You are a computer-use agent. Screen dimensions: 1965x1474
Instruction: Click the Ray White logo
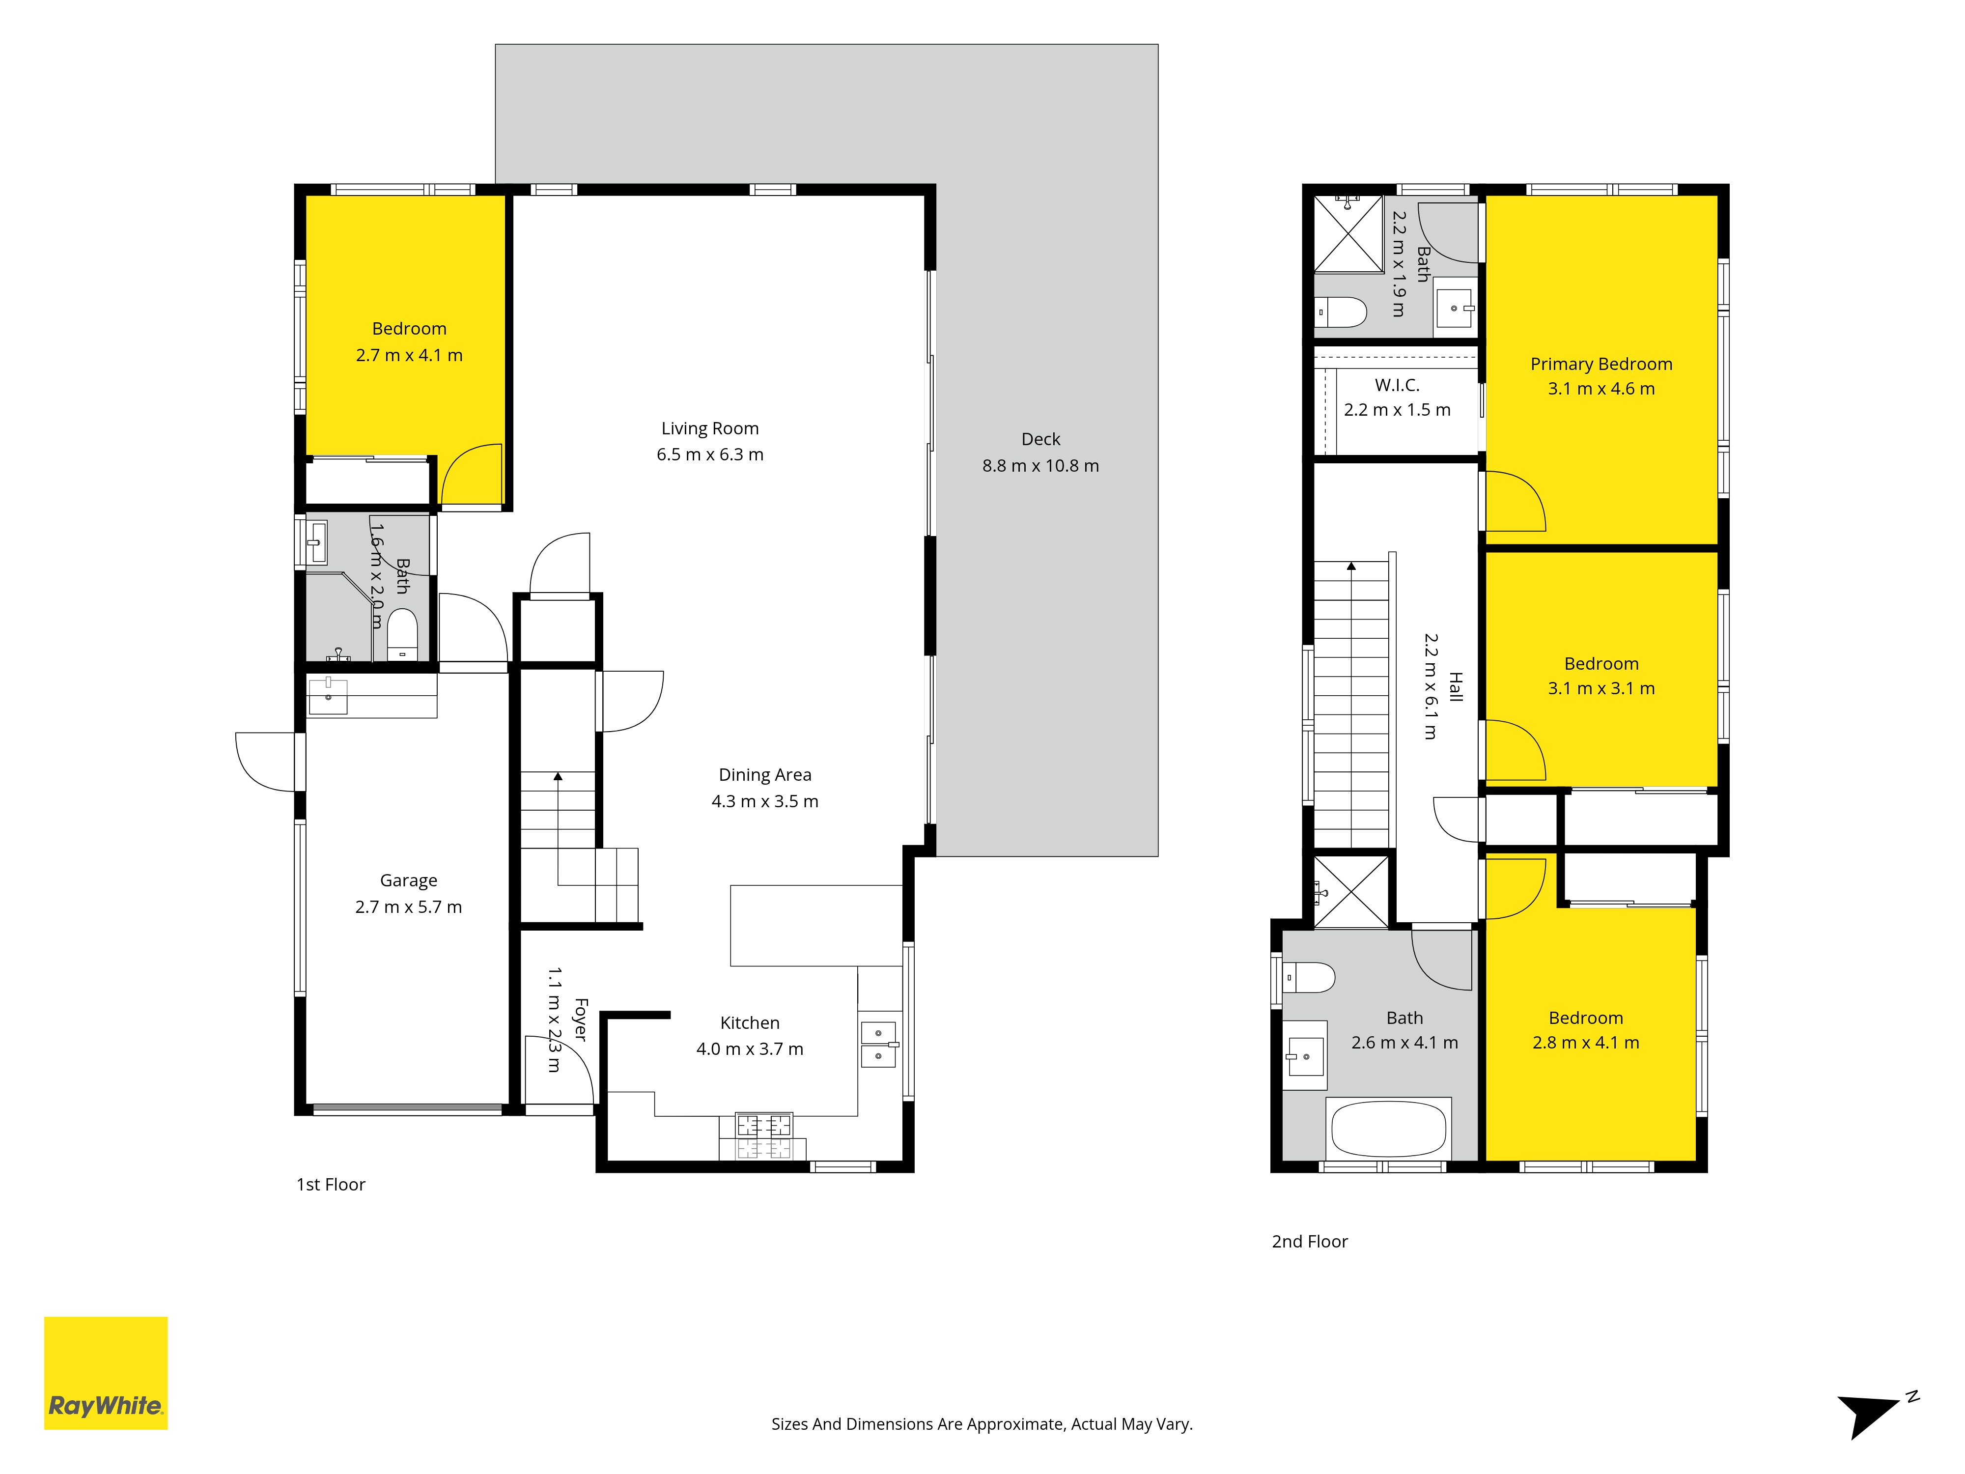[106, 1373]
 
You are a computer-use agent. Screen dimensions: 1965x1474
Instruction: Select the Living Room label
[710, 428]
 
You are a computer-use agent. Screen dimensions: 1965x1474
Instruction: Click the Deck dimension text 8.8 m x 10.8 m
[1040, 466]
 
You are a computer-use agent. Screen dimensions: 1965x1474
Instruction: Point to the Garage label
[409, 880]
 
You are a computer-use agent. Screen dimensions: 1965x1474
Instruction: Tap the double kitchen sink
[878, 1044]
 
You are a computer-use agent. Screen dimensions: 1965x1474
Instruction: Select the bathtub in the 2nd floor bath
[1388, 1129]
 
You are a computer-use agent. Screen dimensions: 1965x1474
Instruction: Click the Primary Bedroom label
[1601, 364]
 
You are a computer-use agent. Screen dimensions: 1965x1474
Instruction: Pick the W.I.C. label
[1397, 385]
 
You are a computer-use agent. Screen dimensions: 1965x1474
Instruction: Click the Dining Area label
[765, 775]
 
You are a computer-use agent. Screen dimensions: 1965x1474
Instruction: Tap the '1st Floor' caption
[331, 1184]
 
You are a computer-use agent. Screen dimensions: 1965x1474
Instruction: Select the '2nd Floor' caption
[1309, 1241]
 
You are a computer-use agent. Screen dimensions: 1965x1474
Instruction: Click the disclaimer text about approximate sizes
[982, 1424]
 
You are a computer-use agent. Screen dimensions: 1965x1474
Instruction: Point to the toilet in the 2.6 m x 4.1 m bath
[1309, 977]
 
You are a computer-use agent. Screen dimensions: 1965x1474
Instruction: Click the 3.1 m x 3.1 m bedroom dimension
[1601, 688]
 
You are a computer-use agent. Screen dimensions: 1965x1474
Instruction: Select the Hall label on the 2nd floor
[1455, 687]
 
